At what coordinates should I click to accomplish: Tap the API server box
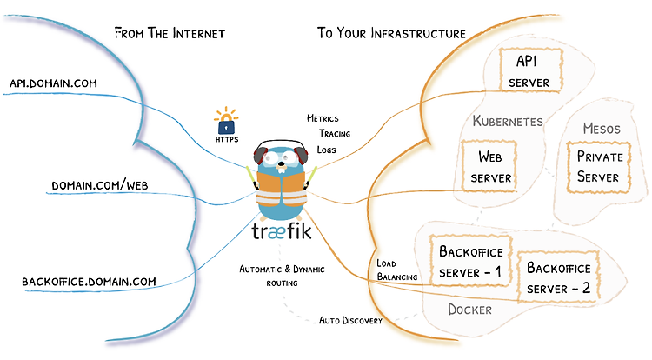(530, 70)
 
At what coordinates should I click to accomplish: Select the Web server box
(489, 166)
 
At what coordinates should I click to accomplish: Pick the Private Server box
(599, 167)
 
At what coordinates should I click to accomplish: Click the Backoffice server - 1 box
(470, 261)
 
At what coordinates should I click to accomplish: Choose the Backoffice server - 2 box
(558, 277)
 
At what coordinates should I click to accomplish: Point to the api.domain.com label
(53, 83)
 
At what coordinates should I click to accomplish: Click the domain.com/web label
(100, 185)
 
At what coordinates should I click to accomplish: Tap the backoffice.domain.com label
(89, 282)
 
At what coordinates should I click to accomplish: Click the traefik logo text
(282, 230)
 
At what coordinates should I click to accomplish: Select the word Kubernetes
(508, 121)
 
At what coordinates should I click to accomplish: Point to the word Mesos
(602, 129)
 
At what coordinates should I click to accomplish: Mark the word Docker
(469, 310)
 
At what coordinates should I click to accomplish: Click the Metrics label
(323, 118)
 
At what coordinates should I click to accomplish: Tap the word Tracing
(335, 133)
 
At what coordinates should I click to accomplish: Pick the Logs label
(326, 150)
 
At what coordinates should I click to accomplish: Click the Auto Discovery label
(350, 321)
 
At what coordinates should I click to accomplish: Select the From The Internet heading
(170, 33)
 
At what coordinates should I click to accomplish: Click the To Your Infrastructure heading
(391, 33)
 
